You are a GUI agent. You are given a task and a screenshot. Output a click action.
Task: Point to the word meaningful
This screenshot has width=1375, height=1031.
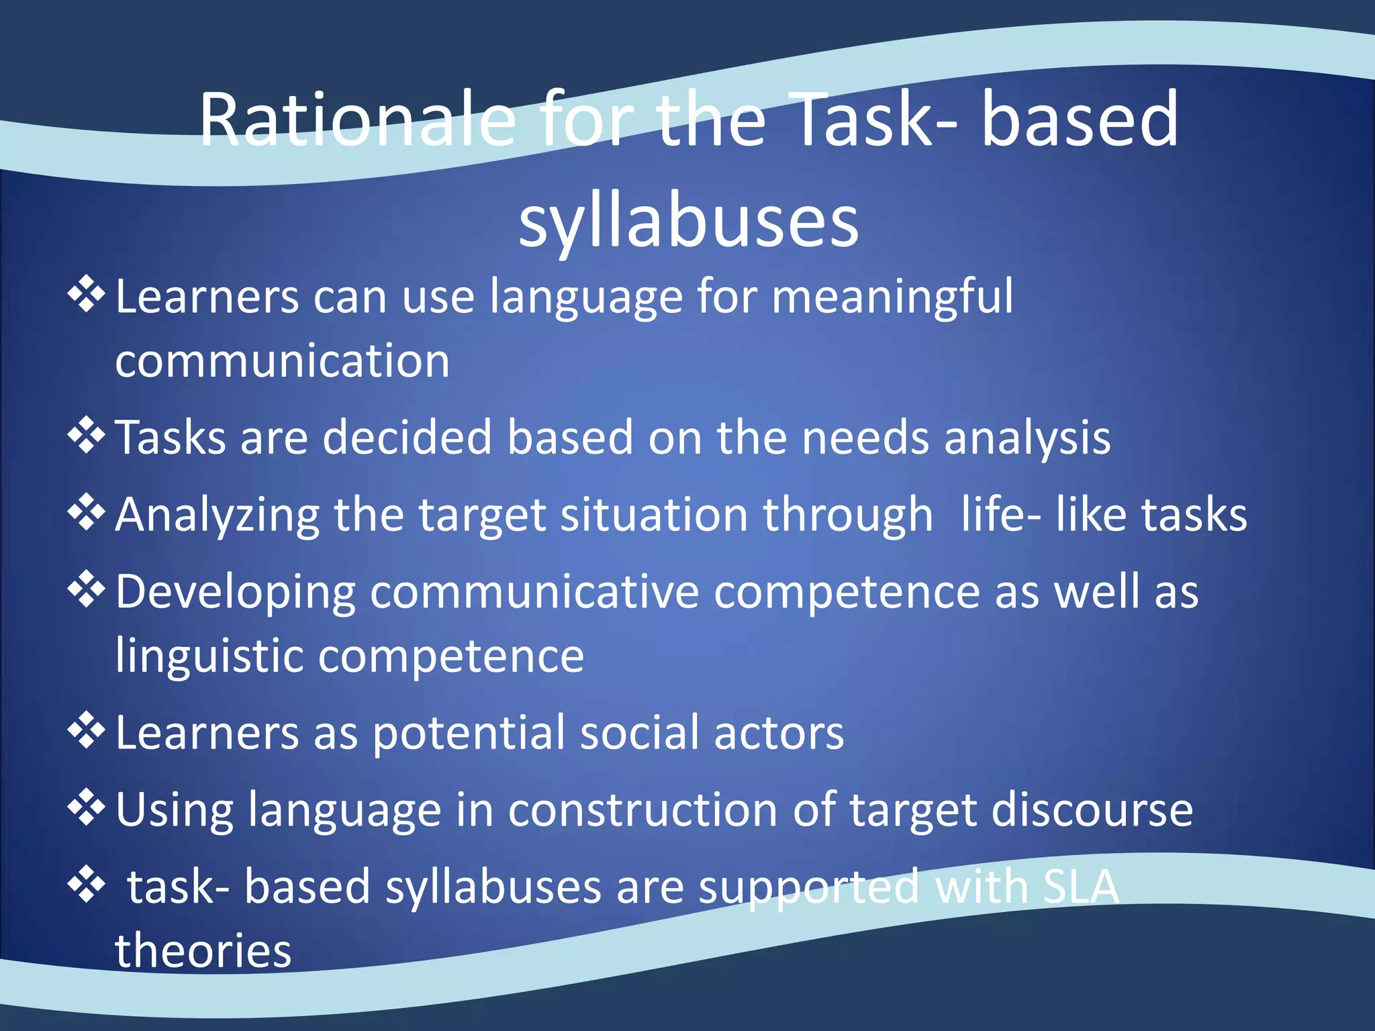coord(892,297)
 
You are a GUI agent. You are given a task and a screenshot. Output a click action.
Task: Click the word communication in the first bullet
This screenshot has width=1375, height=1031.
coord(282,361)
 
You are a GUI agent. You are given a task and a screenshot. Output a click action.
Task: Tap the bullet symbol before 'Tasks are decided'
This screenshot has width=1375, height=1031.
coord(87,435)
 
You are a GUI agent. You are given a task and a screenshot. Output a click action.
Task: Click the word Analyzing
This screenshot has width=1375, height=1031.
coord(217,515)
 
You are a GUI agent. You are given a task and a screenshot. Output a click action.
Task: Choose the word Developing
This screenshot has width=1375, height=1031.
coord(236,593)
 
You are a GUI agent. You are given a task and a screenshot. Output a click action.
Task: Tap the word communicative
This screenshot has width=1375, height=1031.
coord(534,591)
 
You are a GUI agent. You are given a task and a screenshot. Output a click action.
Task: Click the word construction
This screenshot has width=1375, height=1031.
coord(643,809)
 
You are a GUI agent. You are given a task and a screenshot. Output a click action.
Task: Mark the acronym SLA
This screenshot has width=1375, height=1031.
coord(1081,887)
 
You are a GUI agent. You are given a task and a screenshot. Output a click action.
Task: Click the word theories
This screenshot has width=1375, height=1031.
coord(203,950)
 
